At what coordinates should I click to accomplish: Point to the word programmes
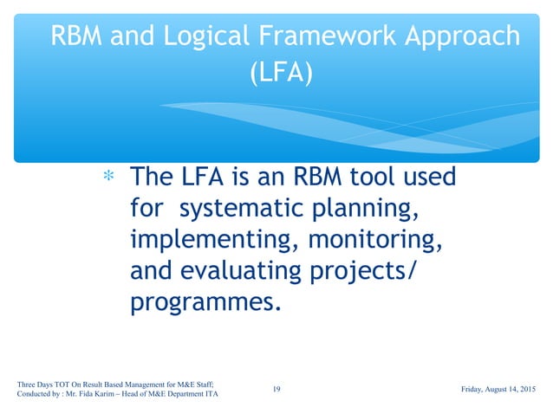(205, 304)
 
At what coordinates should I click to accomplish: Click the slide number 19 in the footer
(276, 389)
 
